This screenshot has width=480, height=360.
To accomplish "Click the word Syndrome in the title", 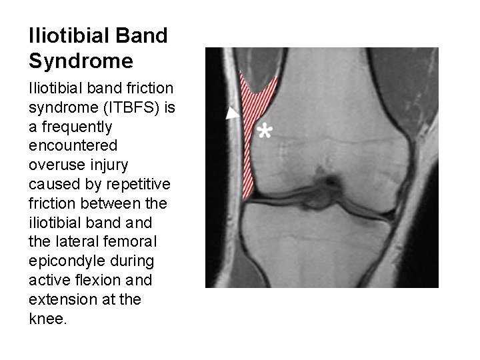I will click(81, 61).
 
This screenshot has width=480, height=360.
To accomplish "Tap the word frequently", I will click(69, 127).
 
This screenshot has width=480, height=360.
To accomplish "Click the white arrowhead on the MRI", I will click(232, 113).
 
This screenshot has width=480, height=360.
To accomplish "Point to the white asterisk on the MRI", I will click(265, 131).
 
